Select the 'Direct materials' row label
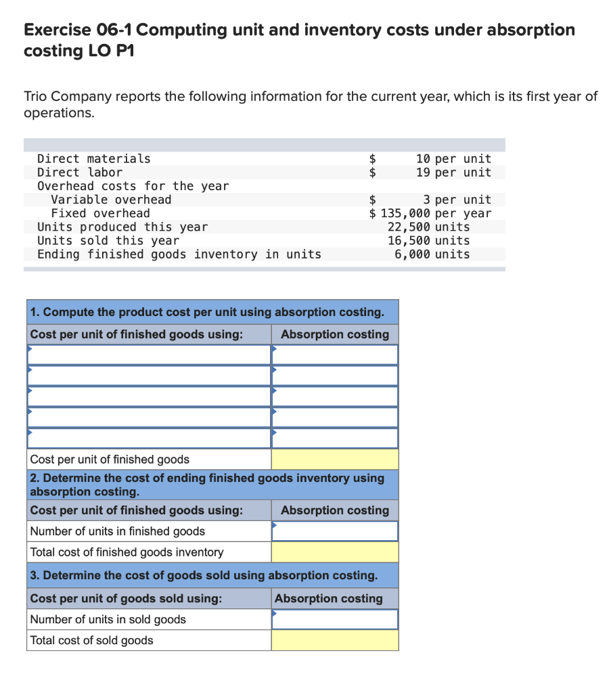[94, 158]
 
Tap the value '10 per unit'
[453, 158]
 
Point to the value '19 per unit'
[453, 172]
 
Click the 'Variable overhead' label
[111, 199]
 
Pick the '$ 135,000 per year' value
[430, 213]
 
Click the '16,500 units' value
[428, 240]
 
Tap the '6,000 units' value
[432, 254]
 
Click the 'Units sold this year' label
[108, 240]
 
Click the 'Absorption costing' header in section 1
[335, 334]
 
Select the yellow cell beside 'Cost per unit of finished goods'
[335, 460]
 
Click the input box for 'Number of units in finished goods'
[335, 531]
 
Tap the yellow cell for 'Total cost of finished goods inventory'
[335, 552]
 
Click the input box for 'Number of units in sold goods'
[335, 619]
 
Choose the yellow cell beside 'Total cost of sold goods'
[335, 640]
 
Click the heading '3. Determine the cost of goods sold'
[204, 575]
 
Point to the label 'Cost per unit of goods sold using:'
[126, 598]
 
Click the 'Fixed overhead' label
[101, 213]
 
